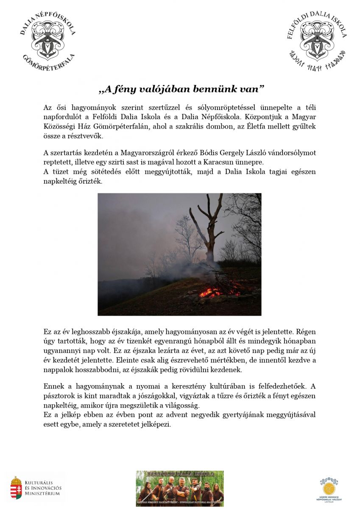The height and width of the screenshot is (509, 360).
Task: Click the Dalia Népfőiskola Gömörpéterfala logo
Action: pos(48,40)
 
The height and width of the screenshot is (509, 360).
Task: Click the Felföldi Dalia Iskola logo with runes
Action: pos(317,40)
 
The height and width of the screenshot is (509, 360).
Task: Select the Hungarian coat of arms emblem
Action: pos(16,488)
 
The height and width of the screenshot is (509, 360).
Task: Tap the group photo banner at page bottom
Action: pos(179,488)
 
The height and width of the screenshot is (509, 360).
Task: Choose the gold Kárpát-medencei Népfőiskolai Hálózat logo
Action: pos(329,488)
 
